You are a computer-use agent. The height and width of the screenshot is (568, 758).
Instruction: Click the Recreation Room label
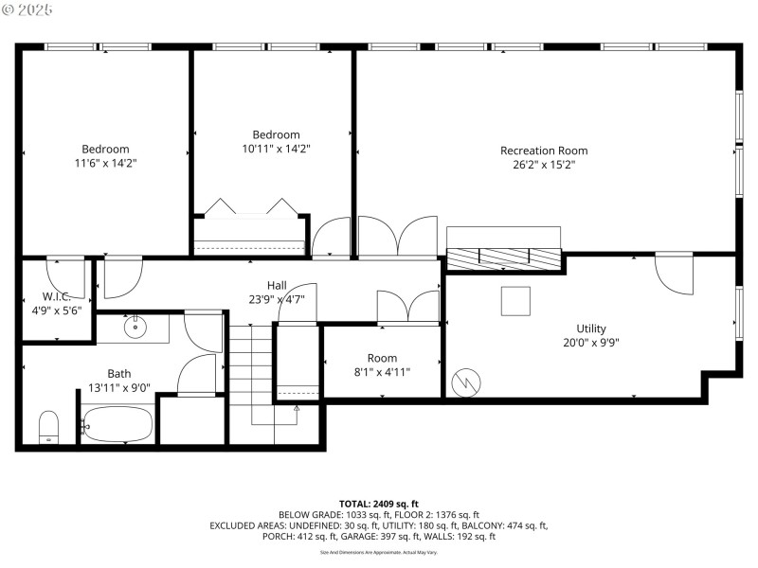pyautogui.click(x=543, y=151)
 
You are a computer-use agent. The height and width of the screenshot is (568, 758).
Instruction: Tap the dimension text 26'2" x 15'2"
pyautogui.click(x=543, y=165)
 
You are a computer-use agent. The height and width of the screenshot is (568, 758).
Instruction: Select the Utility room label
pyautogui.click(x=591, y=329)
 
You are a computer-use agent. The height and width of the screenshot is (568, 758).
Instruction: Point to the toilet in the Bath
pyautogui.click(x=48, y=427)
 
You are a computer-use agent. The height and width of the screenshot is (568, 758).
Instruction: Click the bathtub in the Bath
pyautogui.click(x=116, y=424)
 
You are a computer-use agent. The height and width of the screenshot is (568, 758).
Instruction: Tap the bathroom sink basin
pyautogui.click(x=135, y=328)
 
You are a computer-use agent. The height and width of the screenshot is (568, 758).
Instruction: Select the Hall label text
pyautogui.click(x=277, y=286)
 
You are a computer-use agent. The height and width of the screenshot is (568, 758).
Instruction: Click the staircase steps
pyautogui.click(x=250, y=369)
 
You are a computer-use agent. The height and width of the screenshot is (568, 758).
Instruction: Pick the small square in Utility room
pyautogui.click(x=515, y=301)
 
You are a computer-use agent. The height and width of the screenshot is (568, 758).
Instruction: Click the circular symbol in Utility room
pyautogui.click(x=463, y=382)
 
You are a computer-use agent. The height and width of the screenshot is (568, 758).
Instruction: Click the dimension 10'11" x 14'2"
pyautogui.click(x=276, y=149)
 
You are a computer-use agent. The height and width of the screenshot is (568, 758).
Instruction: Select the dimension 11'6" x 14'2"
pyautogui.click(x=105, y=163)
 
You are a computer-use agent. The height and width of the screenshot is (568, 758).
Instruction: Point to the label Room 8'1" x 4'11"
pyautogui.click(x=382, y=365)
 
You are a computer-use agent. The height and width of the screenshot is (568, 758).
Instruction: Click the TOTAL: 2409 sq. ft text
pyautogui.click(x=378, y=503)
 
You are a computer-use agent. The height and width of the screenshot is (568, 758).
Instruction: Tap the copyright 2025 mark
pyautogui.click(x=27, y=9)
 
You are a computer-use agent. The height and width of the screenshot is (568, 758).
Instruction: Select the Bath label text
pyautogui.click(x=119, y=374)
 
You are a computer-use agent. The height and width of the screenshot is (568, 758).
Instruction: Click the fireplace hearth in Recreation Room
pyautogui.click(x=503, y=257)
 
